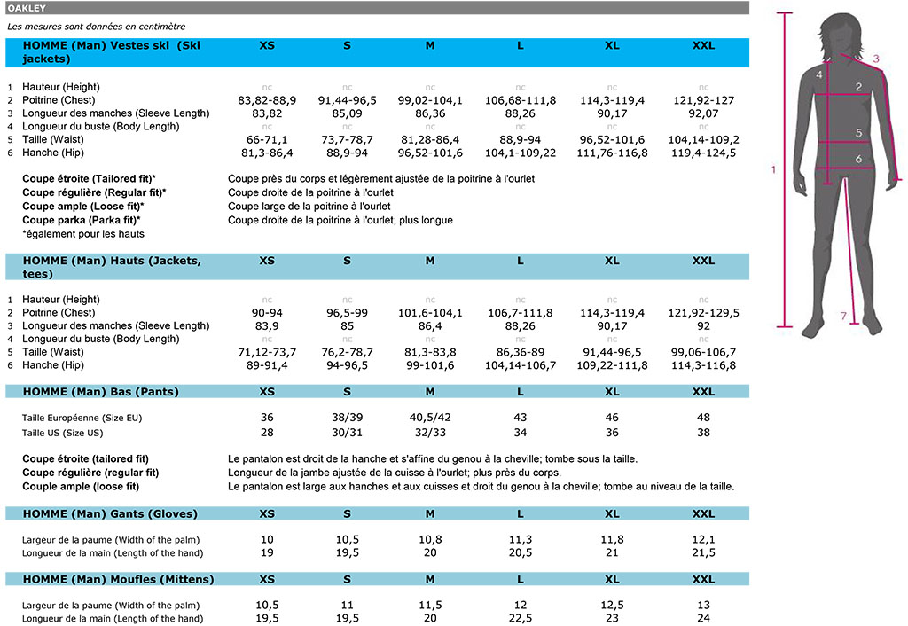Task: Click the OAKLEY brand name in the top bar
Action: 27,8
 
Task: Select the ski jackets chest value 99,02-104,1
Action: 430,100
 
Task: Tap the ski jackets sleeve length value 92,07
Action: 703,113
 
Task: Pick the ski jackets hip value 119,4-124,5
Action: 703,153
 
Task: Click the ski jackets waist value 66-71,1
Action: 267,140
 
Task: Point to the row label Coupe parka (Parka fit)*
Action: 82,220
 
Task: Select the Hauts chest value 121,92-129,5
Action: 703,313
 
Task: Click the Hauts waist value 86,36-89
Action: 521,352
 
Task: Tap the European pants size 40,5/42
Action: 430,418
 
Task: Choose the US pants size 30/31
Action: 347,433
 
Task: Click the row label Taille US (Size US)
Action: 62,433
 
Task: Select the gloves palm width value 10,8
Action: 430,540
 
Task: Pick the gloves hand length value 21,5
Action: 703,553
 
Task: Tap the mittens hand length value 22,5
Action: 521,618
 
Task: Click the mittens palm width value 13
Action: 703,605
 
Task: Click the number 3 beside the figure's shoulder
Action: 875,59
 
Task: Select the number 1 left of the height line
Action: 772,169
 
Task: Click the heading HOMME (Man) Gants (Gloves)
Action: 110,514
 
